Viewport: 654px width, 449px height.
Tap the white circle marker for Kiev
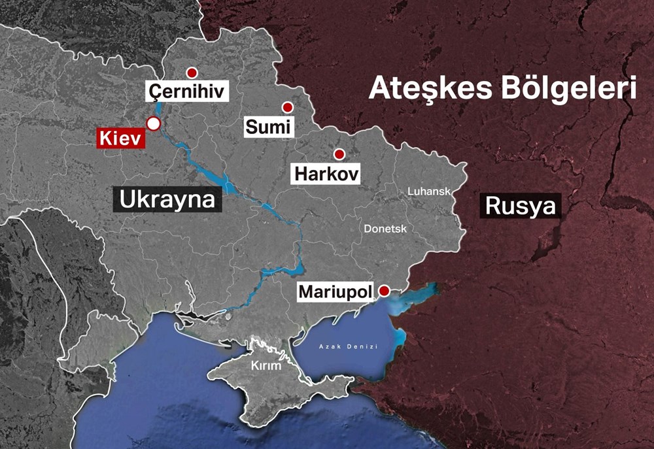point(153,124)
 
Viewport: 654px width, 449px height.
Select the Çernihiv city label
point(186,91)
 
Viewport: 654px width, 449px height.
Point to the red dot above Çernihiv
point(192,73)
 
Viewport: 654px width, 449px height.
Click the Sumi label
point(268,126)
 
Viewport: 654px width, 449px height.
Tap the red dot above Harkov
point(339,154)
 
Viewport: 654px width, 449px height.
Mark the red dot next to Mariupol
point(385,290)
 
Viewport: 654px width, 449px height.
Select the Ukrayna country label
point(167,198)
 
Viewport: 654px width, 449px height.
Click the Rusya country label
point(521,207)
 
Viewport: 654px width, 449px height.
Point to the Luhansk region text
point(429,191)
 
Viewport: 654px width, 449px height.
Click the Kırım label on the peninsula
point(266,365)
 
